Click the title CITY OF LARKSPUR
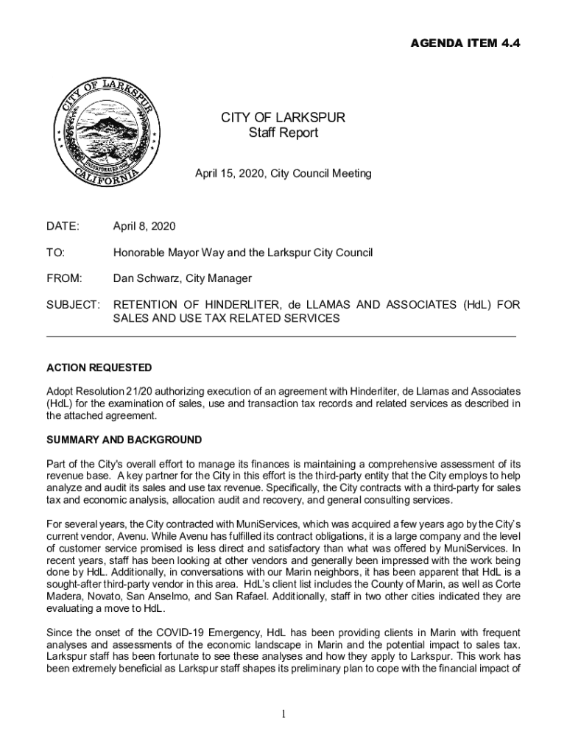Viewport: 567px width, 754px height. (283, 118)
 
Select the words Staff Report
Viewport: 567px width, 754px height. (283, 133)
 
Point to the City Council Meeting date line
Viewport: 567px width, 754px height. (283, 175)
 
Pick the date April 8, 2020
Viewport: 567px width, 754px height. (144, 226)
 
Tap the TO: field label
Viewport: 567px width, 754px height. (55, 253)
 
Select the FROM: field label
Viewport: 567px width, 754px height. (64, 278)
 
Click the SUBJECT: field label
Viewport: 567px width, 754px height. (73, 305)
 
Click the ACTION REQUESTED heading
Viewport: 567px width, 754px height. (99, 367)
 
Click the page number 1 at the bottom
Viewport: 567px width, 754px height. (283, 714)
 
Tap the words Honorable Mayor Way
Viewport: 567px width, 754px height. (158, 253)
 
